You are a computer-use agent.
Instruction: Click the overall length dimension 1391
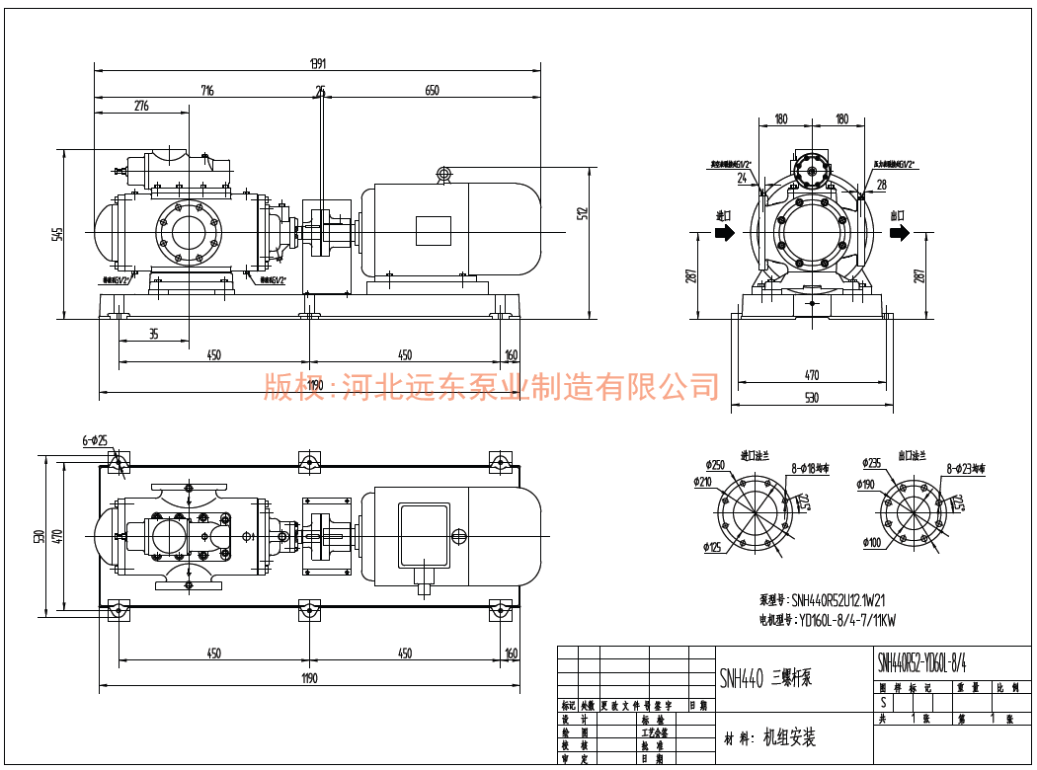point(318,64)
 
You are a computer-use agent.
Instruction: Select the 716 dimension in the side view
point(207,91)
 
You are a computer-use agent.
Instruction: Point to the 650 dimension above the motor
point(432,91)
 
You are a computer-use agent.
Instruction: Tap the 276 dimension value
point(141,106)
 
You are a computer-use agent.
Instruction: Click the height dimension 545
point(58,234)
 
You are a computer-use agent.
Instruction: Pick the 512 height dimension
point(583,212)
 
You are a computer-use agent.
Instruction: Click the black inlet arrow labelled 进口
point(724,233)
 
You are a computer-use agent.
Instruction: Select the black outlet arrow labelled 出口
point(899,233)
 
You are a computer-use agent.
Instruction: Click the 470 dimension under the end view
point(812,375)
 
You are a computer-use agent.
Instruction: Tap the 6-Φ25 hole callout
point(95,440)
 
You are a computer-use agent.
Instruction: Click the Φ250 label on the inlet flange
point(715,465)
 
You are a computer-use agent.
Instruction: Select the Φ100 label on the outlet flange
point(872,543)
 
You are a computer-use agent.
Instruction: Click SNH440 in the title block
point(742,678)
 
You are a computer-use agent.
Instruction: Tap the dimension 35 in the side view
point(154,334)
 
